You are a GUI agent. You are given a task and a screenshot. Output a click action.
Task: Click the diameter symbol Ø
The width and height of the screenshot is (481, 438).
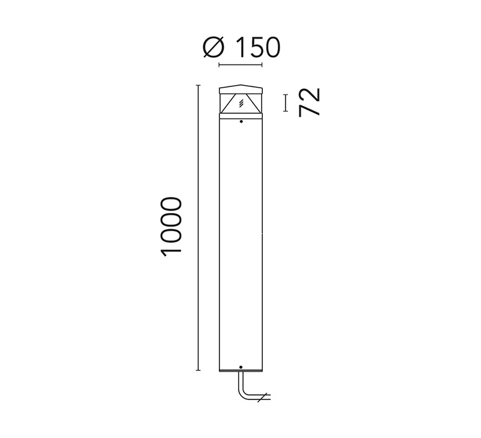tap(214, 48)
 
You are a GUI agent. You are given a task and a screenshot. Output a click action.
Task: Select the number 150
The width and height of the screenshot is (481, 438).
tap(259, 48)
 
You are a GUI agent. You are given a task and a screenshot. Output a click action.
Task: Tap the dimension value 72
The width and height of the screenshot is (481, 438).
tap(309, 103)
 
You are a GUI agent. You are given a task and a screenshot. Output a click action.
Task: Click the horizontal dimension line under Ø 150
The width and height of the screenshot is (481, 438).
tap(240, 65)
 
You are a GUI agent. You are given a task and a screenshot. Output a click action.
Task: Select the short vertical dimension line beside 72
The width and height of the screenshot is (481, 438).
tap(286, 103)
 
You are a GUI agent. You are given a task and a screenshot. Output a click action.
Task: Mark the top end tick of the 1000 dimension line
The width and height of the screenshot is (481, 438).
tap(198, 85)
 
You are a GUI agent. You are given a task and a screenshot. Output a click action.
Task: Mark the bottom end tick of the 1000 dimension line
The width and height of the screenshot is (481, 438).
tap(198, 370)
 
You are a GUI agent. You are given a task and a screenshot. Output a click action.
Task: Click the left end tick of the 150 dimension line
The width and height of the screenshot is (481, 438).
tap(219, 65)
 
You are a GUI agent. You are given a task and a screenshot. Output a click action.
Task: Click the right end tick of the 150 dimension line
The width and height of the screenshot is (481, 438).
tap(262, 65)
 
